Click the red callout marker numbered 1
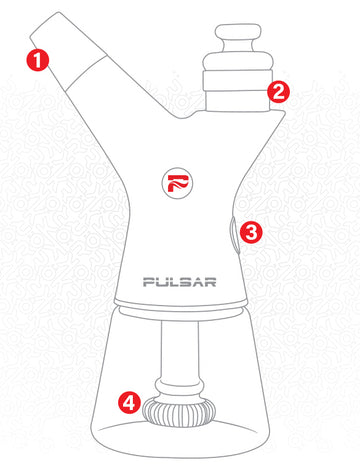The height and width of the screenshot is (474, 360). (38, 60)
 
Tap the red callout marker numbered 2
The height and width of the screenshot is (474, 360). (278, 91)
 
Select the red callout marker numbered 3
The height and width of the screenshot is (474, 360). (251, 232)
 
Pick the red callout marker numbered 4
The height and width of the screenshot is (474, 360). (129, 402)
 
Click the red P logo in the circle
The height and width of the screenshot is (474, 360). (178, 183)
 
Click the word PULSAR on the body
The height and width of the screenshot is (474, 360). (180, 282)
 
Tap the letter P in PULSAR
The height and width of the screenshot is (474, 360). (149, 282)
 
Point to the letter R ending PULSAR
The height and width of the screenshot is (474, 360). (210, 282)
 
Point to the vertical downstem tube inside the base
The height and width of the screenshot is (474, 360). (180, 350)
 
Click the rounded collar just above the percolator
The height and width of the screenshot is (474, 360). (179, 387)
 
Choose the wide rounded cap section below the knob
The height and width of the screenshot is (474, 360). (238, 61)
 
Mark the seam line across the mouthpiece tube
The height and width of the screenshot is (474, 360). (86, 74)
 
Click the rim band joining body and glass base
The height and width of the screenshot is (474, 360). (181, 305)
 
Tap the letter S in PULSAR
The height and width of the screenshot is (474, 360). (186, 282)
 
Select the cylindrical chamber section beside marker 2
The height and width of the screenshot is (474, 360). (238, 91)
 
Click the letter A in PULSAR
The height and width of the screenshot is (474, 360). (198, 282)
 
